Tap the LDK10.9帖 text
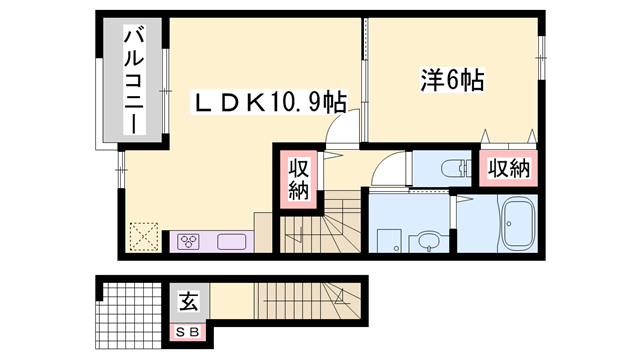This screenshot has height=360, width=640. point(270,102)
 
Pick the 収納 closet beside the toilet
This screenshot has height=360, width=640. point(509,169)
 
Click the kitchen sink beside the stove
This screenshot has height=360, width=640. point(229,240)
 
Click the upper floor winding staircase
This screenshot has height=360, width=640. point(320,225)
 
